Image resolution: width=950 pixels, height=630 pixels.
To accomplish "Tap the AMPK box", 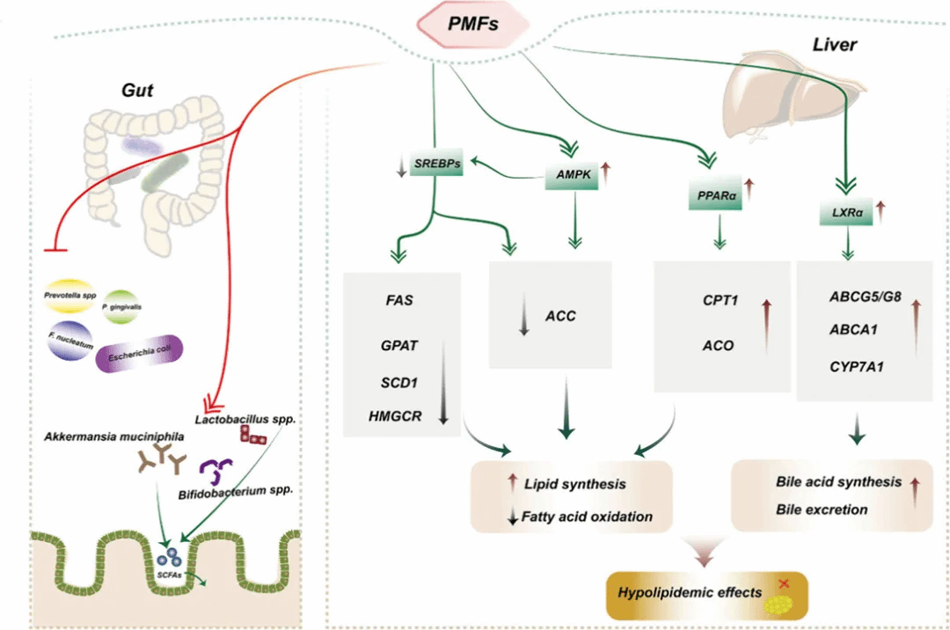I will pos(573,177).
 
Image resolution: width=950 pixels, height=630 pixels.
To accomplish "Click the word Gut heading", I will pos(139,91).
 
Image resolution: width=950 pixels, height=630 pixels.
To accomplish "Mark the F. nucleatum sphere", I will pos(71,340).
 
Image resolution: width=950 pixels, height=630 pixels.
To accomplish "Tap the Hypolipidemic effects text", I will pos(689,592).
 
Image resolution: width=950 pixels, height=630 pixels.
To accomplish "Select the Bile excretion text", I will pos(822,509).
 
